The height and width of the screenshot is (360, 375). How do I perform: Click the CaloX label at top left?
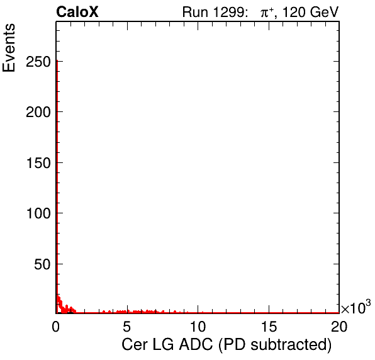(77, 12)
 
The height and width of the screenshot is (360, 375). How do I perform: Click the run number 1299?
(228, 12)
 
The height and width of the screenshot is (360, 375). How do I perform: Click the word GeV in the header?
(325, 12)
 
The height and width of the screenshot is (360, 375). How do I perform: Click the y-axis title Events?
(9, 48)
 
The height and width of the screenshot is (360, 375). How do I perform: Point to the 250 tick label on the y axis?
(38, 62)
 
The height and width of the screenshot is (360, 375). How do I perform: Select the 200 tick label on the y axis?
(38, 112)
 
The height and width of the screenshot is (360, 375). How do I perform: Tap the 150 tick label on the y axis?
(38, 163)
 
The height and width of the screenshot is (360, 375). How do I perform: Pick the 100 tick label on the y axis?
(38, 213)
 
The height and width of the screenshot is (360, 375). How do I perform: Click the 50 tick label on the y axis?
(42, 264)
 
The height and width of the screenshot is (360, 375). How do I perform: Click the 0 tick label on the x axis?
(56, 327)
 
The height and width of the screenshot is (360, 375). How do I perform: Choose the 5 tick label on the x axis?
(126, 327)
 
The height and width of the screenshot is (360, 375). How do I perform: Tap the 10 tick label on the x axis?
(198, 327)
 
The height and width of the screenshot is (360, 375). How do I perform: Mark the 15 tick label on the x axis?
(269, 327)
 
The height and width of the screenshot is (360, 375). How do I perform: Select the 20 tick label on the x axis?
(339, 327)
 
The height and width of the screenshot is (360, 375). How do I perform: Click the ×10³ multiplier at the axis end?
(356, 307)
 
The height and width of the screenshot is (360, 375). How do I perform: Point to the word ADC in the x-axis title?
(196, 345)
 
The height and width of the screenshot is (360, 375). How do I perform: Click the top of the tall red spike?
(57, 61)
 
